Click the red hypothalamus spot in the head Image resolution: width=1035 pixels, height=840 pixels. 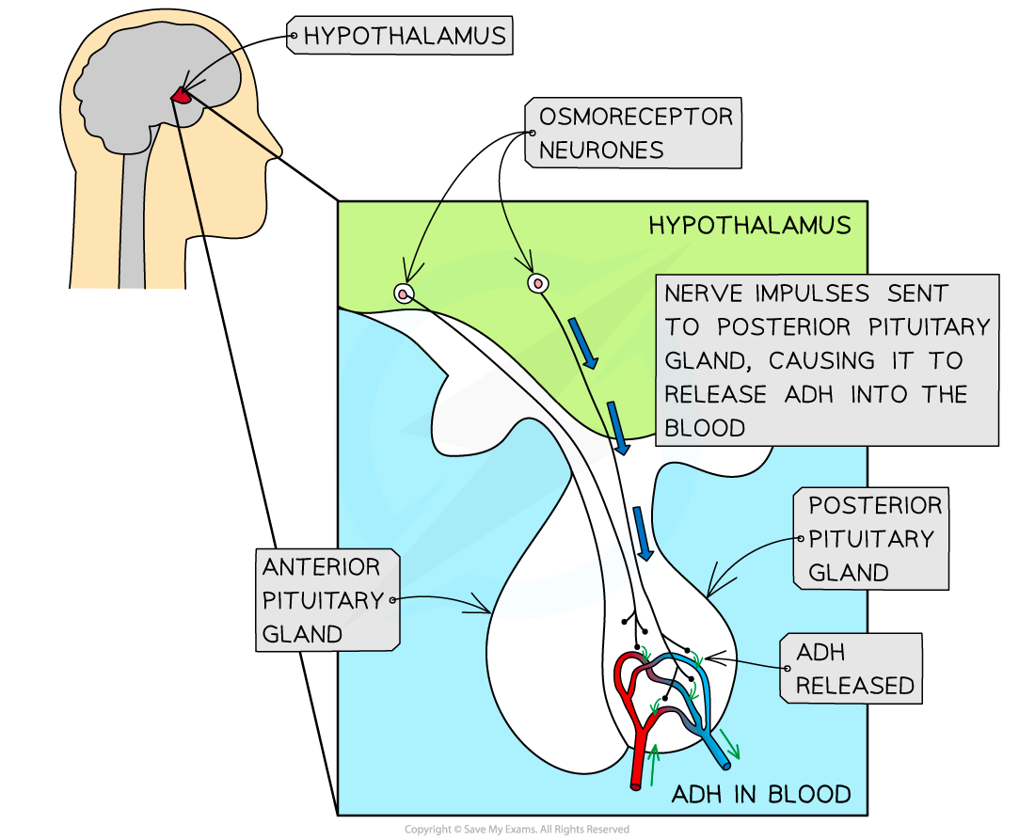pos(181,95)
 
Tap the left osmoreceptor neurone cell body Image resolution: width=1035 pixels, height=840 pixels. pos(404,293)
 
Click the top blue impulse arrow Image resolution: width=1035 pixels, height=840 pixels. pos(587,345)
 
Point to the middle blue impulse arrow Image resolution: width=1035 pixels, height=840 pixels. pos(618,428)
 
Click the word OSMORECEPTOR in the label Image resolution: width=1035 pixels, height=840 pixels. pos(635,117)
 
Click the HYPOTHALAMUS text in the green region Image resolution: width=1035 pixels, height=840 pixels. pos(749,226)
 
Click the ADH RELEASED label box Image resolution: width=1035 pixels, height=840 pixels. pos(849,669)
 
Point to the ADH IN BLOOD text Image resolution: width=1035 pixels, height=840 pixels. pos(761,795)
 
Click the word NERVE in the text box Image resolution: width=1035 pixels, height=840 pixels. pos(705,293)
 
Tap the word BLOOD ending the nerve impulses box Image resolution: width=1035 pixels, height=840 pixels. pos(705,428)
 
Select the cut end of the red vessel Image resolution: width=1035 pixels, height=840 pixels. pos(637,782)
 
